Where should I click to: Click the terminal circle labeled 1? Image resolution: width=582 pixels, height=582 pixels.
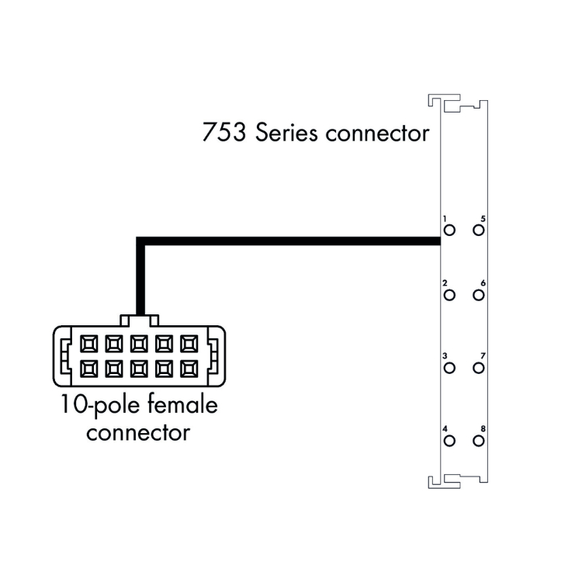449,230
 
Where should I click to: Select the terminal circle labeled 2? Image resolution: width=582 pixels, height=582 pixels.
449,295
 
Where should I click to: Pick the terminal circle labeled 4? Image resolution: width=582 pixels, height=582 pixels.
449,441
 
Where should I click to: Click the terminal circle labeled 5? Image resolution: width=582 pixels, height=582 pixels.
478,230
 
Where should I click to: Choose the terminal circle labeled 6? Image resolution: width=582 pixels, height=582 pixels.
478,295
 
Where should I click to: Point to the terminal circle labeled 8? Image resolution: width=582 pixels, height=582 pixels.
478,441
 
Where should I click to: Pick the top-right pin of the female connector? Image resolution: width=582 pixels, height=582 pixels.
189,342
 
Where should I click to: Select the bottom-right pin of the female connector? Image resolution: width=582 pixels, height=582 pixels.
189,367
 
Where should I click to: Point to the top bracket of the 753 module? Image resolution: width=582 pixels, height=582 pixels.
456,104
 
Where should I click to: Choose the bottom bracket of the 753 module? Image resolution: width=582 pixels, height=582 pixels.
456,480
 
